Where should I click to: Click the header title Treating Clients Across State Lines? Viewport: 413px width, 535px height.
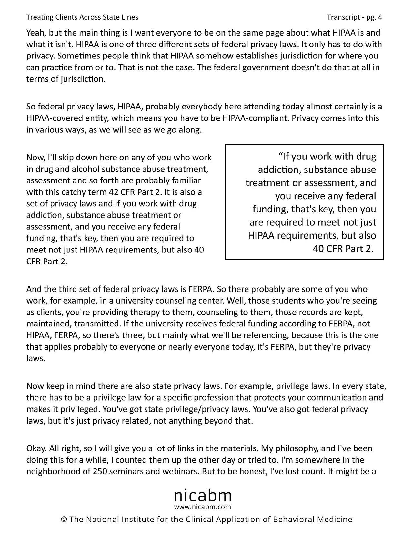(82, 17)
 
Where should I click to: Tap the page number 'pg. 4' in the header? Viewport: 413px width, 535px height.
(374, 17)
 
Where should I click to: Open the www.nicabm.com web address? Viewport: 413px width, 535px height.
(203, 507)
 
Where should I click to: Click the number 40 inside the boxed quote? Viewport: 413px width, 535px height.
(319, 249)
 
